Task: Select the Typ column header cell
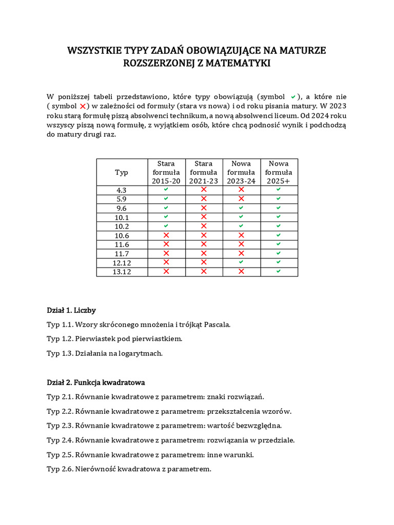pos(122,172)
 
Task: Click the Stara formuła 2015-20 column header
pos(166,172)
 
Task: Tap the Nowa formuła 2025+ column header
pos(279,172)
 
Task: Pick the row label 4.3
pos(122,190)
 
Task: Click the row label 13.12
pos(122,272)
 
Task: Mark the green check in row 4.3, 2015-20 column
pos(166,190)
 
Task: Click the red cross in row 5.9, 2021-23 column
pos(204,198)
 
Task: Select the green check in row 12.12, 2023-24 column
pos(241,262)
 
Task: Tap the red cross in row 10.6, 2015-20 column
pos(166,235)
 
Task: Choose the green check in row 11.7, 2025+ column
pos(279,253)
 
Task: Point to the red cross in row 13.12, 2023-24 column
pos(241,271)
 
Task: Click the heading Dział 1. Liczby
pos(71,310)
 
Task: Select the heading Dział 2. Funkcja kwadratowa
pos(96,382)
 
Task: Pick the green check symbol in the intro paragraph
pos(293,96)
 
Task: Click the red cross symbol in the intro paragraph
pos(83,106)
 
